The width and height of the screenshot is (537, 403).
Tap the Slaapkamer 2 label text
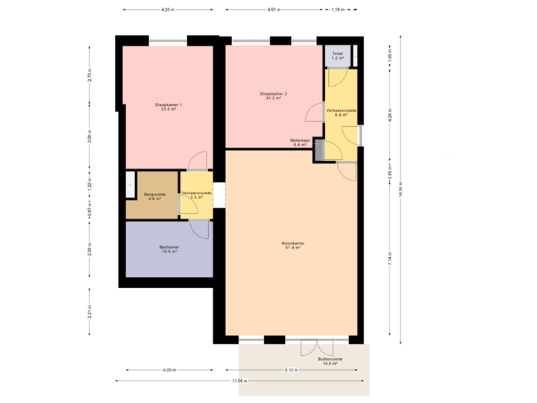[274, 96]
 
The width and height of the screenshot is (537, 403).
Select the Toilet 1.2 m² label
[337, 55]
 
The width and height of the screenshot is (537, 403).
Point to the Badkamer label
[169, 249]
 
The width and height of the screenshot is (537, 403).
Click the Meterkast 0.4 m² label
[300, 143]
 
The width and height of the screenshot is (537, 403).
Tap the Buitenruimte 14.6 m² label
[330, 361]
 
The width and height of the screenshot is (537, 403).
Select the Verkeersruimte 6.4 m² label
[341, 113]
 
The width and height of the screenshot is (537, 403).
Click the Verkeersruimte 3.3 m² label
[196, 196]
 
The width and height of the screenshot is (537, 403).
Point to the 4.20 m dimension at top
[167, 10]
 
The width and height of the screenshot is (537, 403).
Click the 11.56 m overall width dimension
[238, 381]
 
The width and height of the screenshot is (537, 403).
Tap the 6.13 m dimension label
[291, 370]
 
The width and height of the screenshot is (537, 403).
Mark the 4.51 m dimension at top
[274, 10]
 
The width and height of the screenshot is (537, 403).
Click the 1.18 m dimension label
[338, 10]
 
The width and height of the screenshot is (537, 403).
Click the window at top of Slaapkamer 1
[168, 41]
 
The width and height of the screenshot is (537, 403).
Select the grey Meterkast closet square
[319, 149]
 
